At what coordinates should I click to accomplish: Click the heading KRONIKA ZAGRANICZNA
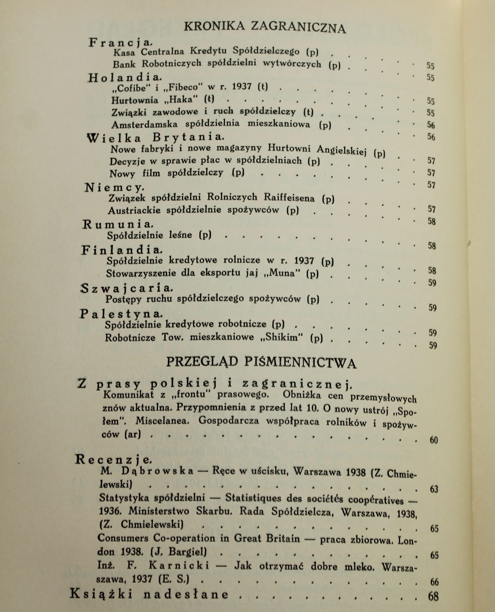coord(265,27)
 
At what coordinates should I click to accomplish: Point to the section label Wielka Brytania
coord(155,138)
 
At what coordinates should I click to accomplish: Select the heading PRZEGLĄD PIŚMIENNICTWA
coord(261,363)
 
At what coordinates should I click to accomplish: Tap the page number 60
coord(434,440)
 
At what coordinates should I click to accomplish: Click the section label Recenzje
coord(110,459)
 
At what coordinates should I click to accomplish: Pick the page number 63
coord(434,489)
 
